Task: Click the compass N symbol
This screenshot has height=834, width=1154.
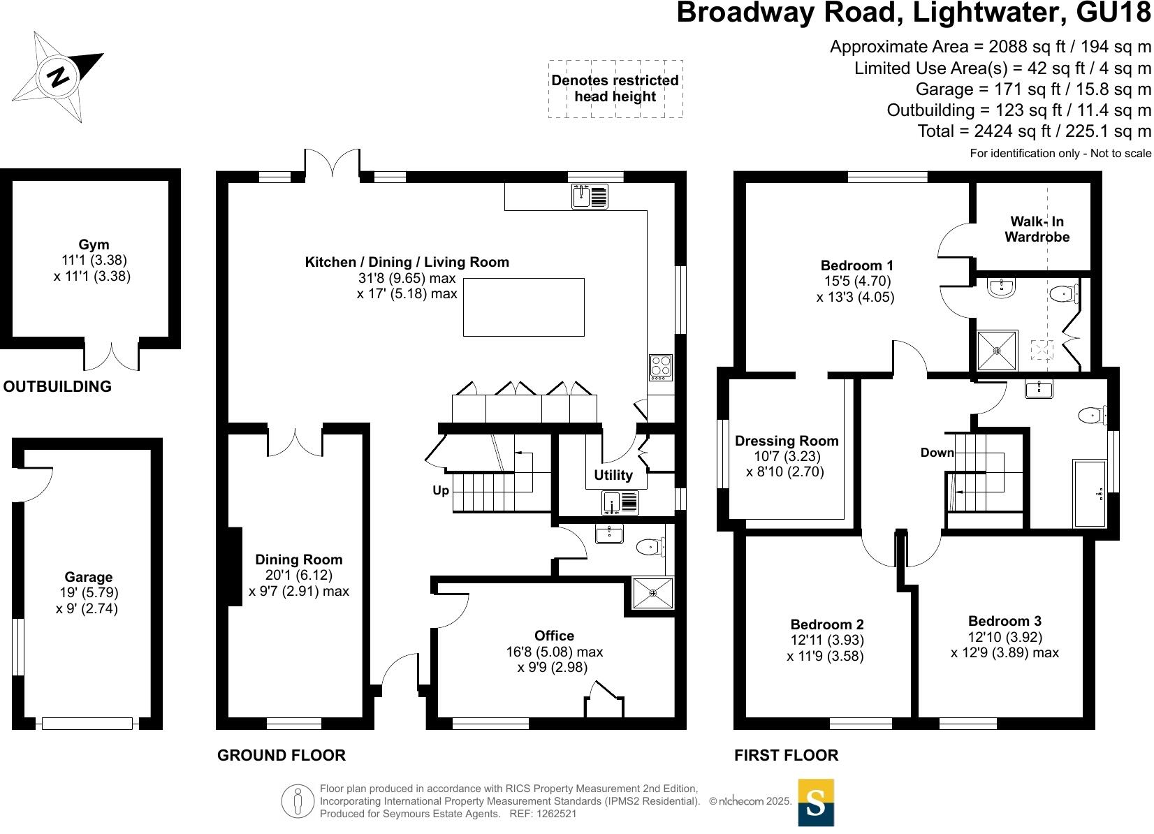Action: coord(59,76)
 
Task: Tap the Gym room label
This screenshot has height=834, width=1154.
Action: coord(94,244)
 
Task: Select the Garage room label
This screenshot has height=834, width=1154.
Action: coord(88,577)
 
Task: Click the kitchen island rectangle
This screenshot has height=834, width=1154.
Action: coord(524,307)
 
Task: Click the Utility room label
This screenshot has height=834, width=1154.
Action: coord(613,475)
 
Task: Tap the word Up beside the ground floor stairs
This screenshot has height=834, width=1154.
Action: coord(441,490)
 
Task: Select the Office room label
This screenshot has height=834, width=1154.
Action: coord(554,636)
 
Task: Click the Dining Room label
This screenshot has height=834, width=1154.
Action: coord(299,559)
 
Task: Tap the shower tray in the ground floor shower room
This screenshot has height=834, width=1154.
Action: coord(653,593)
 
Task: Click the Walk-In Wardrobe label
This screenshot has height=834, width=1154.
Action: coord(1037,229)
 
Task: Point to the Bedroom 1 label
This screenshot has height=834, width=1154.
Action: coord(856,265)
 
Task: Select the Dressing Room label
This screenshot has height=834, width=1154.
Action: coord(787,441)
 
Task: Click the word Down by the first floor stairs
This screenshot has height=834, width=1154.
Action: coord(937,453)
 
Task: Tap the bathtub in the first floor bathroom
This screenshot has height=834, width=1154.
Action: coord(1089,492)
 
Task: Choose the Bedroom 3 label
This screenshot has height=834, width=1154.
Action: coord(1005,621)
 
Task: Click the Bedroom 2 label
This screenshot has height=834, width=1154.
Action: coord(827,624)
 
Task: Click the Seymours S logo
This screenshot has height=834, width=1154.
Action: coord(815,803)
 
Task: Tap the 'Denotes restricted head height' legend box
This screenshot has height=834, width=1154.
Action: coord(615,89)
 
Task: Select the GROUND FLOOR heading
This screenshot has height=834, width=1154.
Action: coord(282,755)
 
